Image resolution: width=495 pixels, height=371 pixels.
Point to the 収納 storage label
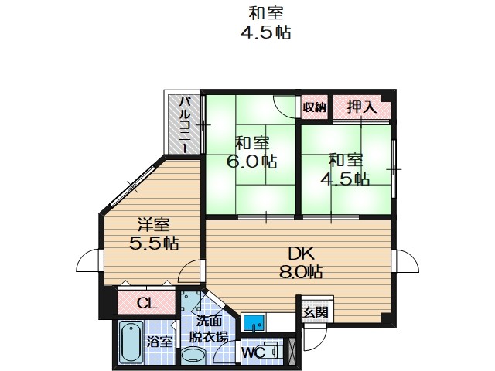point(314,107)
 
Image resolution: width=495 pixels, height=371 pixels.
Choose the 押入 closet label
point(361,107)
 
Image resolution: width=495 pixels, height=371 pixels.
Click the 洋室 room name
point(154,225)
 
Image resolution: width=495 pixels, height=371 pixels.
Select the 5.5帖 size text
point(154,243)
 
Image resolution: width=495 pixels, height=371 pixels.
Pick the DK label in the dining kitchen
point(300,253)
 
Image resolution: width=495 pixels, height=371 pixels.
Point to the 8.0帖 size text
point(300,271)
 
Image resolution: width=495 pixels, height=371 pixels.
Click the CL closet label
point(146,302)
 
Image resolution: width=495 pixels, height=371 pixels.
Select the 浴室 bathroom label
point(160,341)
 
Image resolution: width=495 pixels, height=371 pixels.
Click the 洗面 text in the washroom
point(210,322)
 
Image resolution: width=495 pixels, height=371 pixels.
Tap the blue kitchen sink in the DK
point(254,322)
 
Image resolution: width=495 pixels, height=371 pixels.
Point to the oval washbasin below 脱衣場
point(195,356)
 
